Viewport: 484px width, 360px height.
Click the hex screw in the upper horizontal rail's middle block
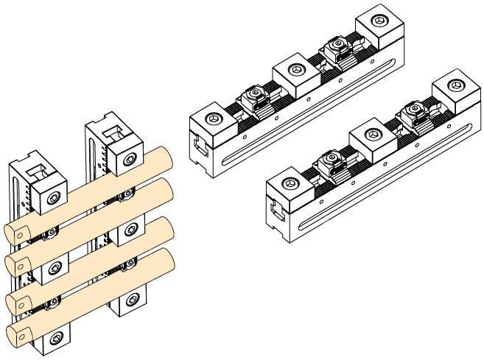pos(295,68)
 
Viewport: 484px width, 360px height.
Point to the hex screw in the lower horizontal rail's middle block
pos(373,135)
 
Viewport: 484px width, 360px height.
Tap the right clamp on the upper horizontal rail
pos(336,49)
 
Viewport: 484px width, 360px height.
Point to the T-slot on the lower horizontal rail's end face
pos(276,213)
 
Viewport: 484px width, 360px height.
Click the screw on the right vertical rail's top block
pos(130,159)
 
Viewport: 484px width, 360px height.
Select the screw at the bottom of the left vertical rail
pos(57,340)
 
